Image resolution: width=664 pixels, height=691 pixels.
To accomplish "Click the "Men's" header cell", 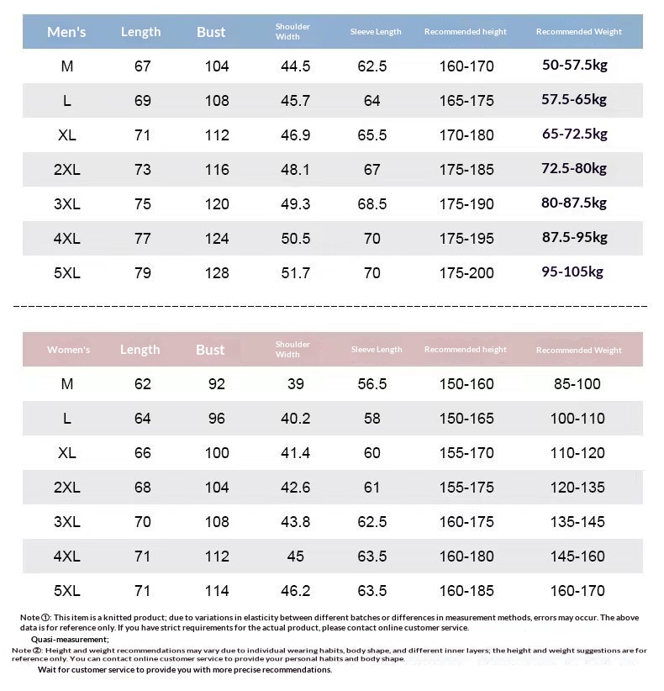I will click(66, 32).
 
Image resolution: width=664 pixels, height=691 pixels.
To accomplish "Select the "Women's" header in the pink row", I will click(68, 350).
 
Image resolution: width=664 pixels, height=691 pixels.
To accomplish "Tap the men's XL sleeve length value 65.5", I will click(372, 135).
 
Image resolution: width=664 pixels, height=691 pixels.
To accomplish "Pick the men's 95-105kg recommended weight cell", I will click(573, 272).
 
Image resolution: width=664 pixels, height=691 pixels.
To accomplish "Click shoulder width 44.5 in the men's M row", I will click(295, 66).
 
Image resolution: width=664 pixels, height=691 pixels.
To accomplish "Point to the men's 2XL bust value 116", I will click(216, 170).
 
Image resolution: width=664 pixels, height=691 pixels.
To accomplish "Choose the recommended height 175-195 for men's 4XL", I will click(466, 239).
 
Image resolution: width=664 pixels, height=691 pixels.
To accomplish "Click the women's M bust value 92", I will click(216, 384).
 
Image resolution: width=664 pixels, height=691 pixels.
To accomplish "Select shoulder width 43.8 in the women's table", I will click(295, 522).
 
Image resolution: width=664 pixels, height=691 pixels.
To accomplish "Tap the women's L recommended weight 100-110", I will click(577, 419).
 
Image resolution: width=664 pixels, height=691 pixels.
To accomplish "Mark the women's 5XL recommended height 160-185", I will click(466, 591).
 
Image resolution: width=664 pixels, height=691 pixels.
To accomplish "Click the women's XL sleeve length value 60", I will click(372, 453).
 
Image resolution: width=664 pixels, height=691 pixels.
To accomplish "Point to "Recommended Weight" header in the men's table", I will click(578, 32).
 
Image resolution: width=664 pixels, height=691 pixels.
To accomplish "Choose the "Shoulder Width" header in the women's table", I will click(292, 349).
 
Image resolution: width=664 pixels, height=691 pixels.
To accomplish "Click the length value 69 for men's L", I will click(142, 101).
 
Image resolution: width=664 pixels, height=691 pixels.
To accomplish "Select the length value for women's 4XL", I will click(142, 556).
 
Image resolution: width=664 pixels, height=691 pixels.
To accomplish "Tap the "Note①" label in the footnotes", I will click(35, 618).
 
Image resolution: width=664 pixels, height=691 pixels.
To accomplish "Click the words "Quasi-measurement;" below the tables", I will click(76, 640).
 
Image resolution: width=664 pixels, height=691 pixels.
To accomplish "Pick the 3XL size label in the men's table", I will click(66, 204).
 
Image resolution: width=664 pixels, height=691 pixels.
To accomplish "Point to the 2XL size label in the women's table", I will click(66, 488).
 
